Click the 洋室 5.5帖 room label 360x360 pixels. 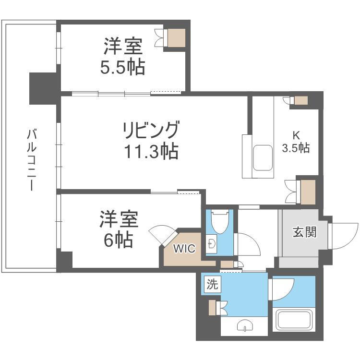pyautogui.click(x=123, y=57)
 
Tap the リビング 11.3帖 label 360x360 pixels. pyautogui.click(x=151, y=141)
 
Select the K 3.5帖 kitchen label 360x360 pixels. pyautogui.click(x=296, y=142)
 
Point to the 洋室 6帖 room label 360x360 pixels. pyautogui.click(x=119, y=229)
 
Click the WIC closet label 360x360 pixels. pyautogui.click(x=184, y=249)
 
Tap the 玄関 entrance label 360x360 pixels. pyautogui.click(x=304, y=232)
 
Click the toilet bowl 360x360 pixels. pyautogui.click(x=220, y=222)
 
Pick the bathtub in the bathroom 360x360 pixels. pyautogui.click(x=294, y=320)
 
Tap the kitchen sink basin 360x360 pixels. pyautogui.click(x=263, y=158)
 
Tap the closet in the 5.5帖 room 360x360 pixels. pyautogui.click(x=176, y=38)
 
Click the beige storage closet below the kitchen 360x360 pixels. pyautogui.click(x=308, y=192)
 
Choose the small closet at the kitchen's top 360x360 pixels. pyautogui.click(x=301, y=100)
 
